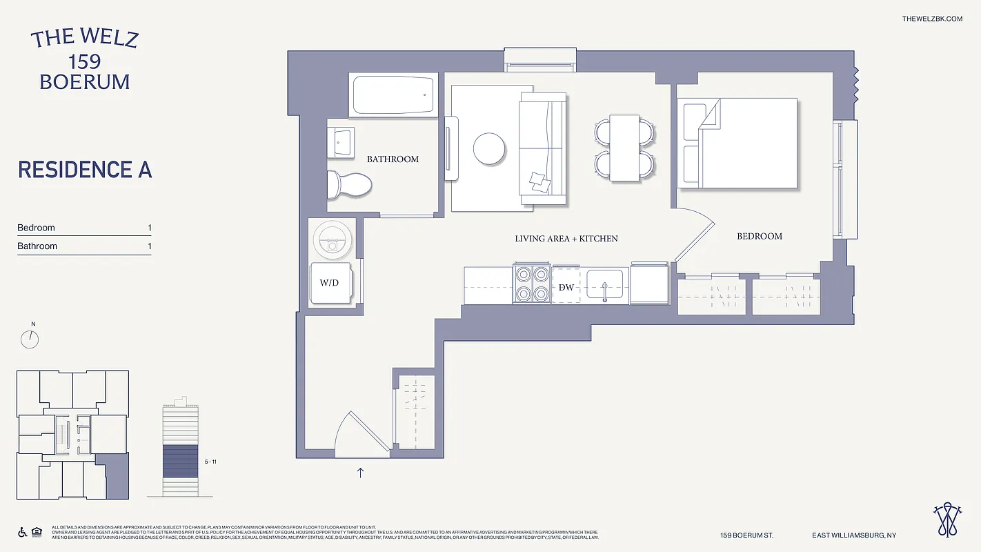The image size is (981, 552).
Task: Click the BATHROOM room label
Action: (x=393, y=159)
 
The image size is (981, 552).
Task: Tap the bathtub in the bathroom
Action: (x=394, y=95)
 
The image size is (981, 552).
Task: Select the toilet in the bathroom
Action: (x=349, y=184)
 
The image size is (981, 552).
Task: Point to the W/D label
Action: (x=329, y=283)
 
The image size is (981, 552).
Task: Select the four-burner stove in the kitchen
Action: (x=531, y=284)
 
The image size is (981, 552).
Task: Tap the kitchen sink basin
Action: (x=604, y=284)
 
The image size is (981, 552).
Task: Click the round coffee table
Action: (x=488, y=148)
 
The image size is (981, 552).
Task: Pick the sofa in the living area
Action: (x=542, y=150)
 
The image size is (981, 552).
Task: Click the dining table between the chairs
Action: (x=625, y=148)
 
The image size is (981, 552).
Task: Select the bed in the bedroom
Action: (x=738, y=144)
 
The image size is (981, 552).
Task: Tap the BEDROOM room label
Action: (x=760, y=236)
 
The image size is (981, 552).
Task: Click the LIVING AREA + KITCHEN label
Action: (x=566, y=239)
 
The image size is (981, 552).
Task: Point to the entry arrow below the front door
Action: (x=360, y=473)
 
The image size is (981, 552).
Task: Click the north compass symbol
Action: (x=30, y=339)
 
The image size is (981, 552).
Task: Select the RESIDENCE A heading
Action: (x=85, y=170)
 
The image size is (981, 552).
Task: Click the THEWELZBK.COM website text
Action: (x=932, y=19)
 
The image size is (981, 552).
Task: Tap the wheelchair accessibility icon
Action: (x=22, y=532)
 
